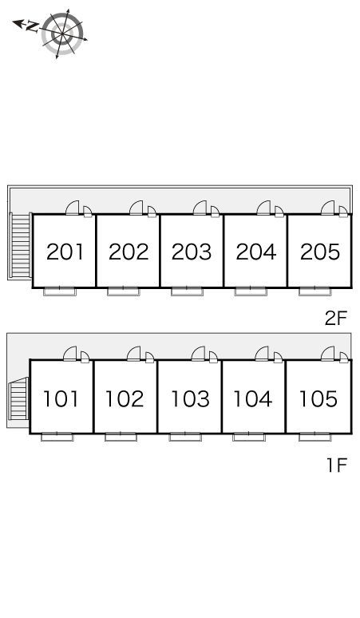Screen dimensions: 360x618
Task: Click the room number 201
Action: [x=65, y=252]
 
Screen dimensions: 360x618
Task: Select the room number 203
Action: [x=192, y=252]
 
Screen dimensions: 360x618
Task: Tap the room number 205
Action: [x=320, y=252]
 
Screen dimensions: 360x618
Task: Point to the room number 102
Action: [x=125, y=399]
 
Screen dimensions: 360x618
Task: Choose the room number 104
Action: [x=253, y=399]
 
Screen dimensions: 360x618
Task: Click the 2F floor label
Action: [x=335, y=319]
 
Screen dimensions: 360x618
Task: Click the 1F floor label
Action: [x=337, y=465]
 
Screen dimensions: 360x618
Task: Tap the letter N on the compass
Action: [x=32, y=27]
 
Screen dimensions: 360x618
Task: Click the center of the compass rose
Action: [x=62, y=34]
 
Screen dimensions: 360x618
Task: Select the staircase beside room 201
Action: [x=21, y=246]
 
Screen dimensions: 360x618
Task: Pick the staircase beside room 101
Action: [x=19, y=399]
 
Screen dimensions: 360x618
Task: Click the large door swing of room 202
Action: [x=136, y=208]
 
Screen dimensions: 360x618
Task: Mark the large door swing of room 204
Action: [x=263, y=208]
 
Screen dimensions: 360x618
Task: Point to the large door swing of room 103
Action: [x=198, y=354]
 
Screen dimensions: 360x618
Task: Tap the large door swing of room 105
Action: [x=327, y=354]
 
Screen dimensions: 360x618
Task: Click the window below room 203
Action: [x=187, y=291]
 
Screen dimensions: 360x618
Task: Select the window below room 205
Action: [x=315, y=291]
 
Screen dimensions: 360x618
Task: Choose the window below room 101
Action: [x=57, y=437]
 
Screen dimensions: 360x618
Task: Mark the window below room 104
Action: [x=249, y=437]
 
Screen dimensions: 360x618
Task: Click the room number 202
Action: [x=129, y=252]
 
